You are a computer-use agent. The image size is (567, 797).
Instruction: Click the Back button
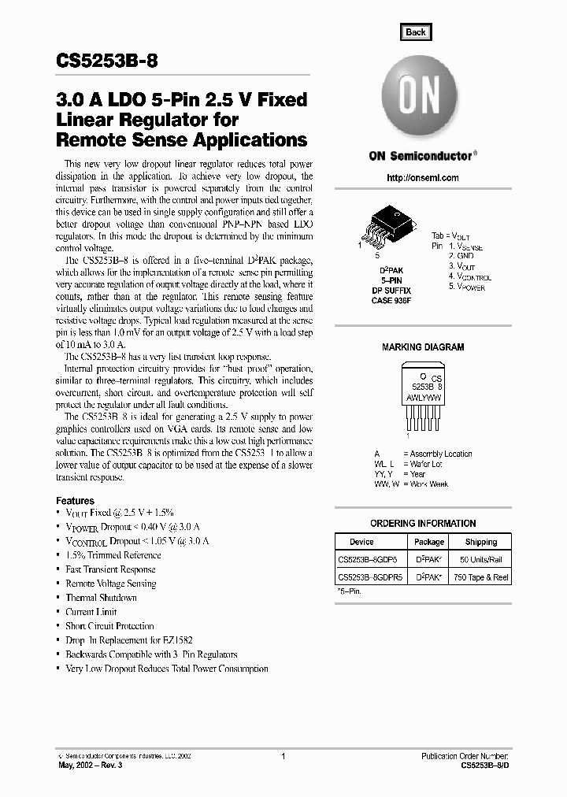click(x=415, y=32)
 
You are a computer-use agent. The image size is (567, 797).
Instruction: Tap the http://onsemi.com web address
click(x=423, y=178)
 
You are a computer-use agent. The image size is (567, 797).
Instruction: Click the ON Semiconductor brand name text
click(x=421, y=156)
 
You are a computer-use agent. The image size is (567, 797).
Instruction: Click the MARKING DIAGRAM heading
click(x=423, y=347)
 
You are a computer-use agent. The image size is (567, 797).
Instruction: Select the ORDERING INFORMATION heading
click(x=423, y=524)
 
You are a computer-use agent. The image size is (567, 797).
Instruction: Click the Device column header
click(x=361, y=542)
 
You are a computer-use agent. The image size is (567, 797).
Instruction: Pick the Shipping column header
click(x=480, y=542)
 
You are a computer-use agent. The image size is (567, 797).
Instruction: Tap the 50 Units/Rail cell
click(x=480, y=560)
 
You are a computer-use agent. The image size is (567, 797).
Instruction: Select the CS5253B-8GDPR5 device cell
click(x=370, y=577)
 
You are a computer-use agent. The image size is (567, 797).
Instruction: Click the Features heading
click(x=75, y=501)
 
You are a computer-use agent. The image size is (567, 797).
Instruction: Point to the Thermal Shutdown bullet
click(x=101, y=598)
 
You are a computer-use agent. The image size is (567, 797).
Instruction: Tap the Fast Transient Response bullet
click(x=110, y=569)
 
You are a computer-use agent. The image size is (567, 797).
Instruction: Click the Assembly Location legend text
click(x=437, y=454)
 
